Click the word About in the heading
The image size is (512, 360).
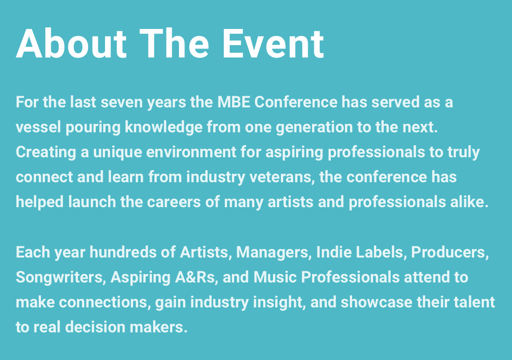click(x=71, y=44)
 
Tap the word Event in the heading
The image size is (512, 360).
click(x=273, y=44)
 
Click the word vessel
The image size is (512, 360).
click(x=38, y=127)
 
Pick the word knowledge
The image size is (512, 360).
click(x=163, y=127)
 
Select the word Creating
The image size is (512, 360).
click(x=46, y=152)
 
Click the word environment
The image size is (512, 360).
click(x=191, y=152)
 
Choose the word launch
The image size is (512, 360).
click(x=92, y=202)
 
